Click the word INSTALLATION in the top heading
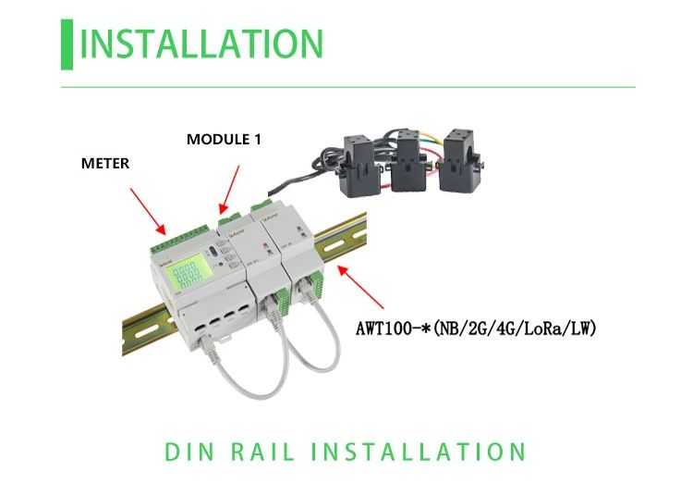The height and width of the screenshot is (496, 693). click(202, 43)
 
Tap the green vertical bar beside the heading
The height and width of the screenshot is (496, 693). click(67, 43)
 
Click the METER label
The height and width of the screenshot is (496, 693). click(105, 164)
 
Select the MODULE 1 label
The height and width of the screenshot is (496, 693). click(224, 140)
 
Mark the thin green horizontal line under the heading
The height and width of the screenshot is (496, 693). click(347, 87)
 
